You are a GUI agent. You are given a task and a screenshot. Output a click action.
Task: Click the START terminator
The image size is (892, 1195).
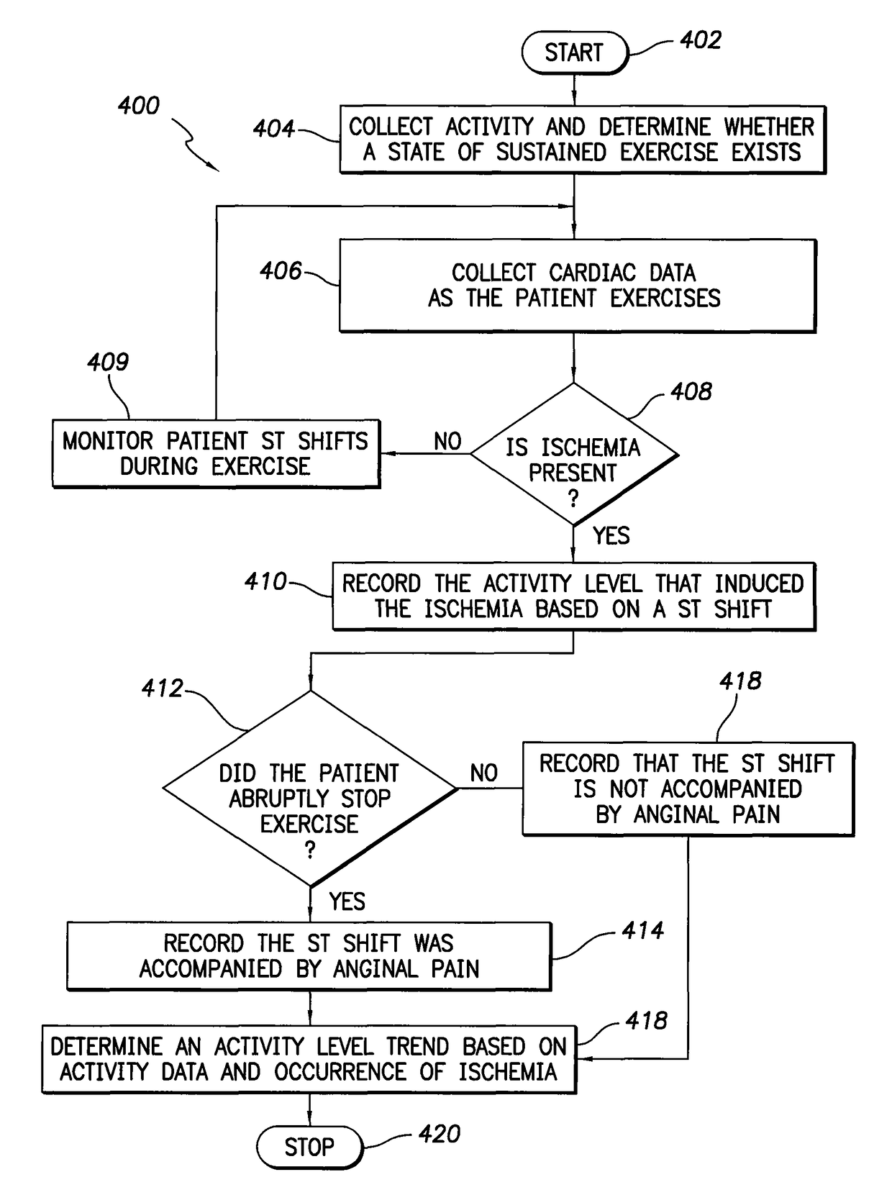pos(575,53)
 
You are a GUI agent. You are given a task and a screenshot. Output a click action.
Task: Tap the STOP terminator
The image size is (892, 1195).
pos(309,1147)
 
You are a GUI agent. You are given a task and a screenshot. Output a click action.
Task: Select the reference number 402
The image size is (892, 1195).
pos(701,40)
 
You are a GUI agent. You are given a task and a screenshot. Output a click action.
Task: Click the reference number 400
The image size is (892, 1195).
pos(138,106)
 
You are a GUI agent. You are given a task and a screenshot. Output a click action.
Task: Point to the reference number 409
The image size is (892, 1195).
pos(108,362)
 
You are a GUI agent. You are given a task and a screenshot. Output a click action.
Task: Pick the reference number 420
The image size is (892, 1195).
pos(440,1135)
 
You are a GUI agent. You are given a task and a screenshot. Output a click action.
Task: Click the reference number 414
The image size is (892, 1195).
pos(642,931)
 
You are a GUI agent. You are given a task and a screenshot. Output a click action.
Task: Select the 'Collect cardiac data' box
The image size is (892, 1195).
pos(578,286)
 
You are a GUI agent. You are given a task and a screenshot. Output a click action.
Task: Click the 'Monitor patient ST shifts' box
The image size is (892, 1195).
pos(216,453)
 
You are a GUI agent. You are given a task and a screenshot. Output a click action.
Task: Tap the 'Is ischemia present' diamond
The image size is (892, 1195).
pos(573,454)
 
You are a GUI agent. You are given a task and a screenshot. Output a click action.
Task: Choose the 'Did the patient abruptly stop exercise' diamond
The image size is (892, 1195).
pos(310,789)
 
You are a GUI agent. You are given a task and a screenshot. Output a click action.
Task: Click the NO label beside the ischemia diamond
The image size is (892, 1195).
pos(447,441)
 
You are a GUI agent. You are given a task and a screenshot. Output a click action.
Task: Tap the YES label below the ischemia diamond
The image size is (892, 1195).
pos(611,536)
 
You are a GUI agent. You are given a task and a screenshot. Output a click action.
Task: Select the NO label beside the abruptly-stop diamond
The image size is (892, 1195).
pos(484,773)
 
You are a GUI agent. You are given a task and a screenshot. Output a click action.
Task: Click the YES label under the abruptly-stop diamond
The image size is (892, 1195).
pos(347,901)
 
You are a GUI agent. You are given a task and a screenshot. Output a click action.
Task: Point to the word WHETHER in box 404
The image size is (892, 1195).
pos(769,127)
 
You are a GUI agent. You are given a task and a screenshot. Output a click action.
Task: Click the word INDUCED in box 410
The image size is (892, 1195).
pos(759,583)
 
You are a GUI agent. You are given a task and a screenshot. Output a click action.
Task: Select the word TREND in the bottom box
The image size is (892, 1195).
pos(418,1046)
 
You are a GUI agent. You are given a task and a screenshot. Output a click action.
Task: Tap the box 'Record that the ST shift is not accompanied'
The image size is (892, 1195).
pos(688,789)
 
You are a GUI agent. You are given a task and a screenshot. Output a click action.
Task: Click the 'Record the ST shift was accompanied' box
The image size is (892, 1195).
pos(309,956)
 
